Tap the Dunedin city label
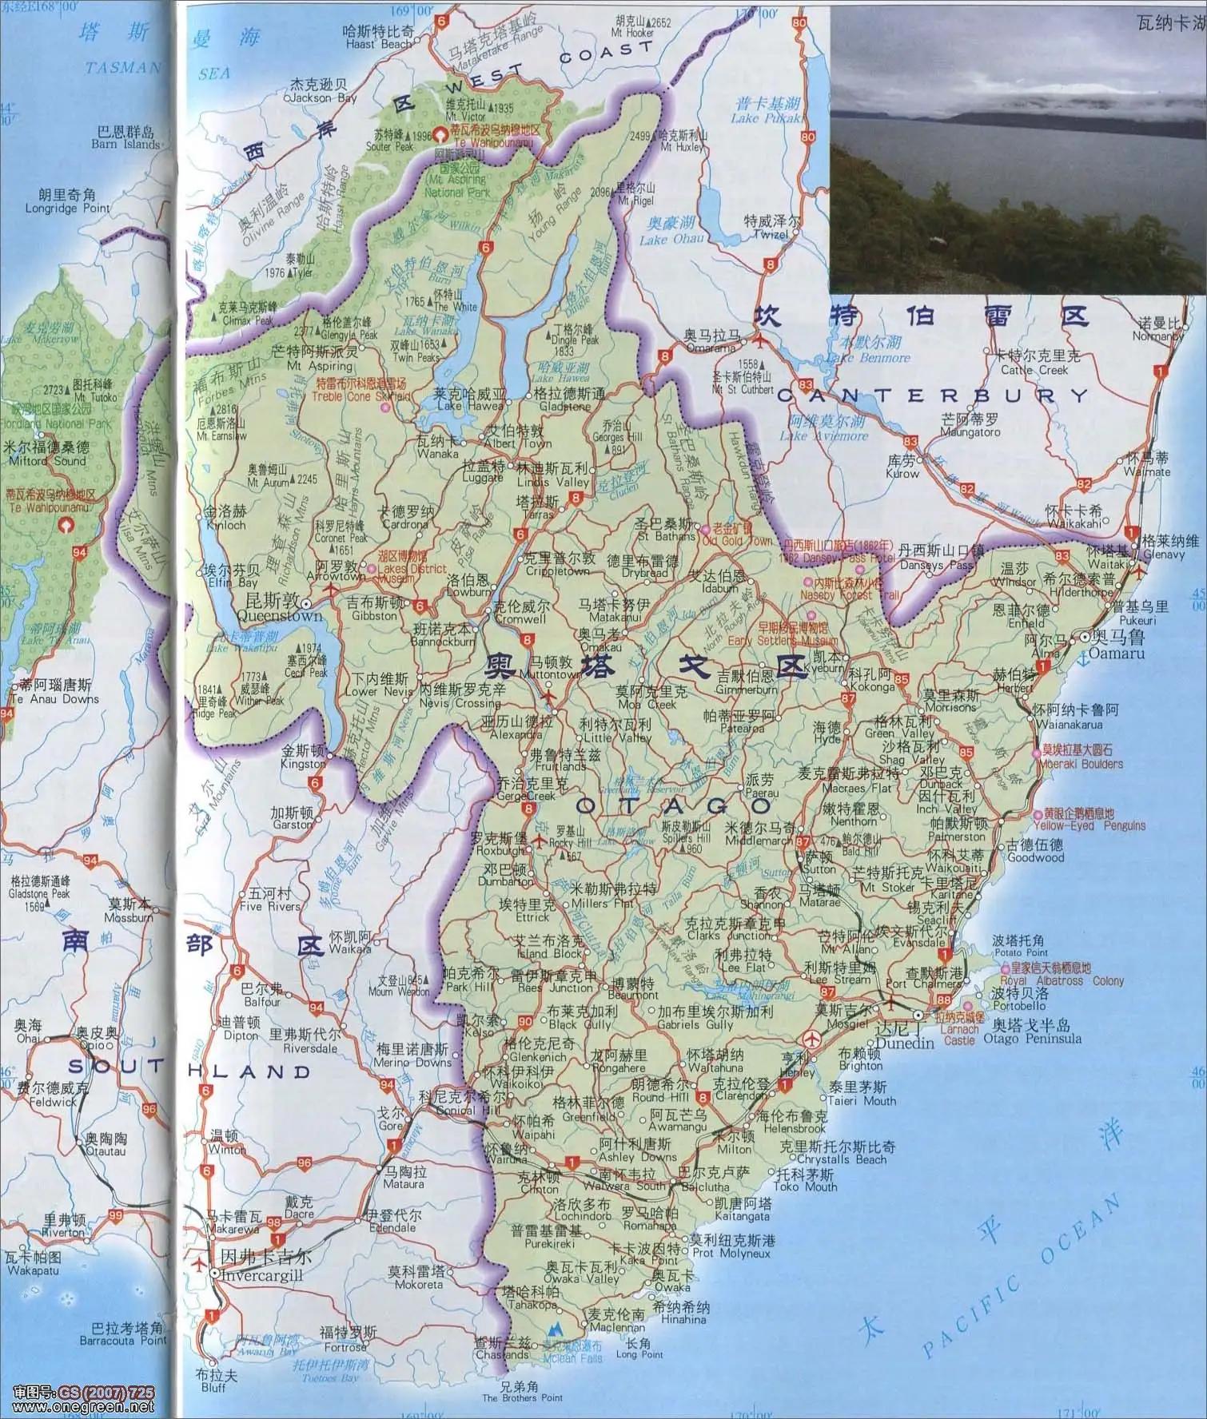click(x=905, y=1043)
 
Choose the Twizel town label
click(x=769, y=235)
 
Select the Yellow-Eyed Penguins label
click(x=1089, y=825)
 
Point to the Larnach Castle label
click(x=959, y=1040)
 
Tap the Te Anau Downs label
click(x=54, y=698)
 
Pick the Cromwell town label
click(x=520, y=618)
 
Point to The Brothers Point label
click(x=523, y=1397)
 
